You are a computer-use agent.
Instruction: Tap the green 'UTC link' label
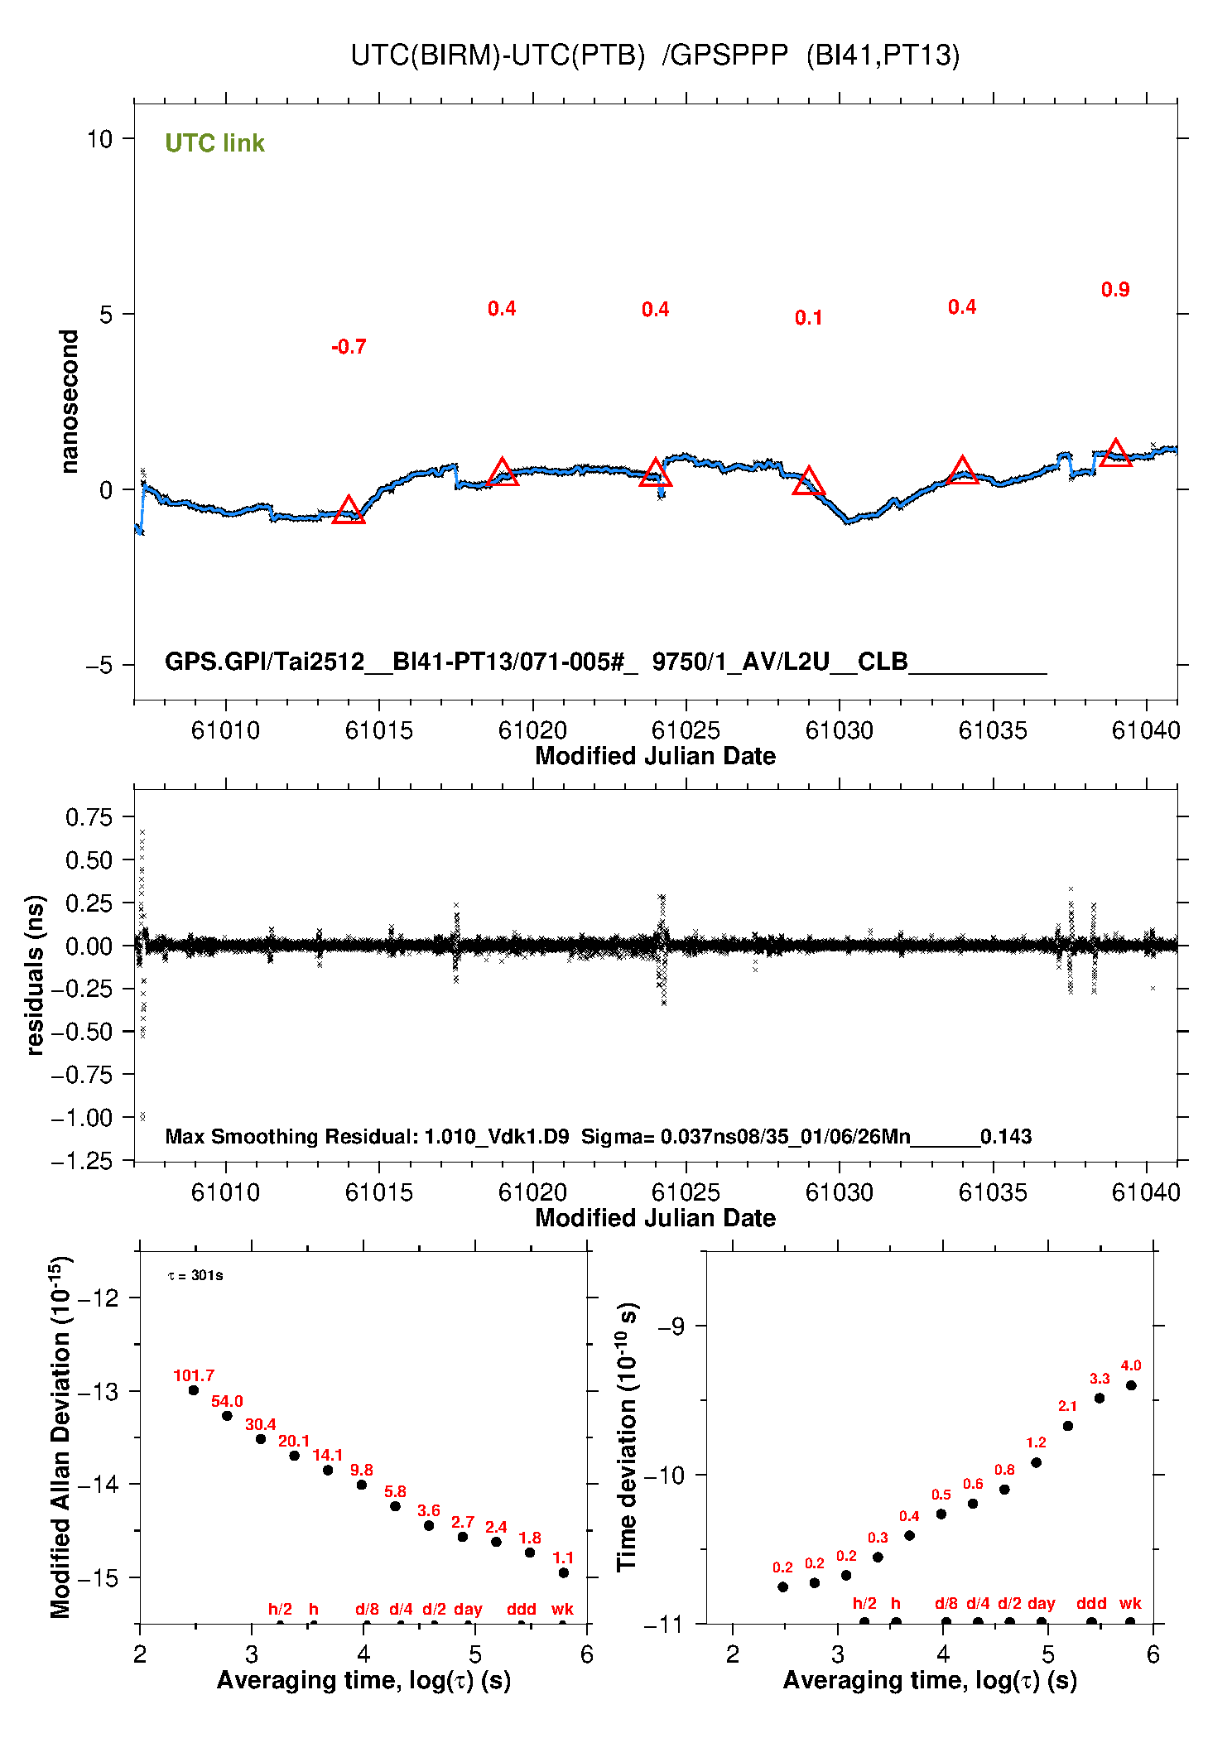(214, 143)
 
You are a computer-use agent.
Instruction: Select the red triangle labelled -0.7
(349, 511)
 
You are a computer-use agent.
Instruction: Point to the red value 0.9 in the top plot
(1115, 290)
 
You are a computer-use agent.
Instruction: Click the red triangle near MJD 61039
(1115, 453)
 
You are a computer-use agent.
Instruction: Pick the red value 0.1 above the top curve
(808, 318)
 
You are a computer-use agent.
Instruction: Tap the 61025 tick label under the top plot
(686, 730)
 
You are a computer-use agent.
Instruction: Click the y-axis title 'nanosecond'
(70, 402)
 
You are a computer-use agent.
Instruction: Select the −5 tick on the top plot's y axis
(99, 665)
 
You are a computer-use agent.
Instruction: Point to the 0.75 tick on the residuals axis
(89, 817)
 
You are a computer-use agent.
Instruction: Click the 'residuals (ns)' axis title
(35, 975)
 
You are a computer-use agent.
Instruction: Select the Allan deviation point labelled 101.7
(194, 1390)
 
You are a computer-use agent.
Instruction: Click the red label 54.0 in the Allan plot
(227, 1401)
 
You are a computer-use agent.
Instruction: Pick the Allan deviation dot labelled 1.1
(563, 1572)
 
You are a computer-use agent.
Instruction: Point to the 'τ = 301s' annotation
(195, 1275)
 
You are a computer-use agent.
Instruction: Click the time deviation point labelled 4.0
(1131, 1385)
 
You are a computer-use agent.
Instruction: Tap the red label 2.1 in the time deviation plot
(1067, 1406)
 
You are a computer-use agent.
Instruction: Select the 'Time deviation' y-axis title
(627, 1437)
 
